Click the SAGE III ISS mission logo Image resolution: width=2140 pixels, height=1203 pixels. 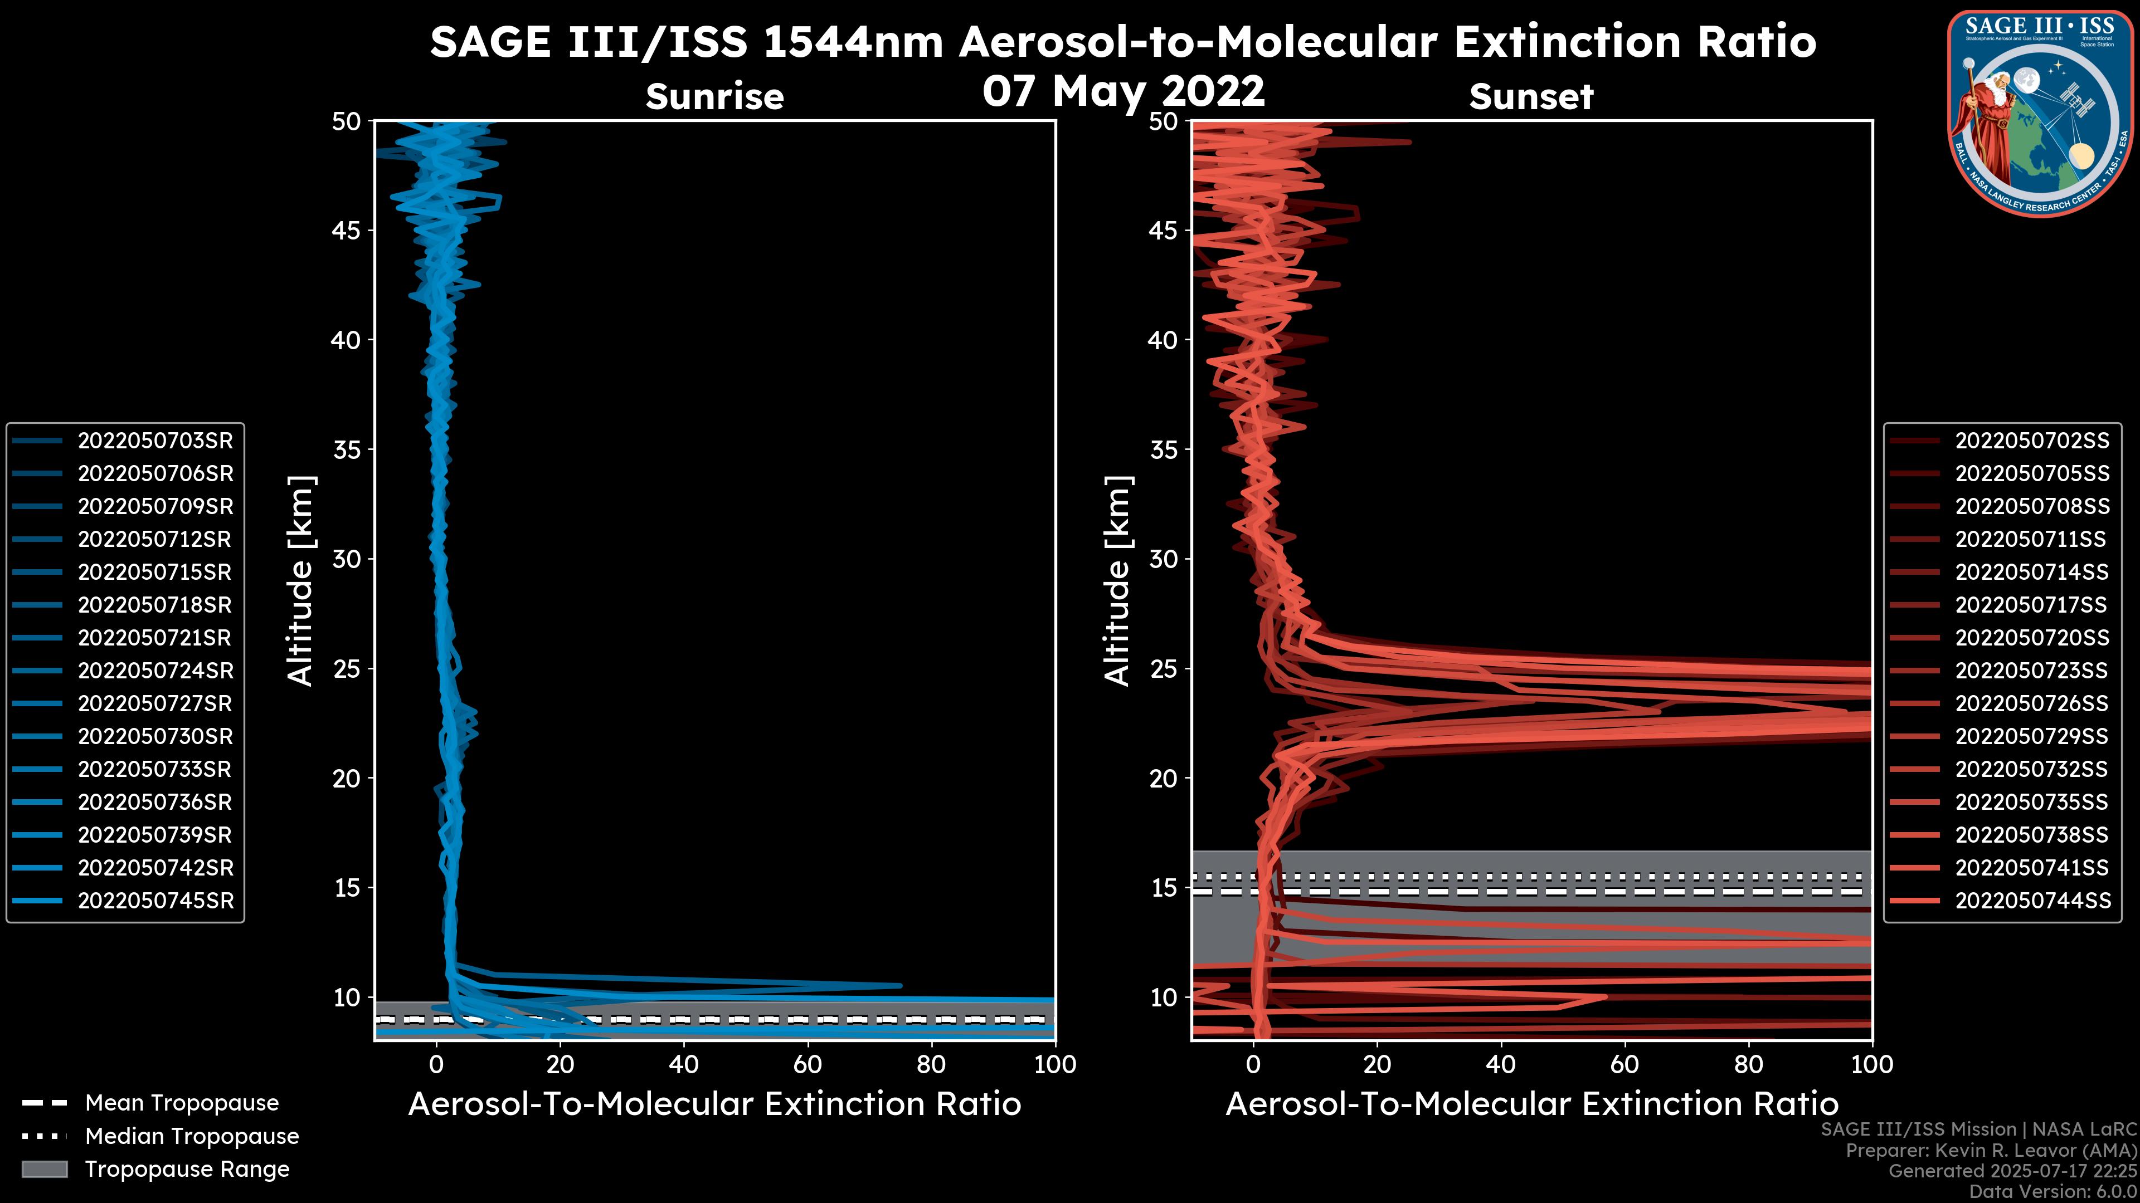(x=2040, y=114)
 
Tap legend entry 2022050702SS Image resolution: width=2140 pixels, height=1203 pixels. (x=2031, y=441)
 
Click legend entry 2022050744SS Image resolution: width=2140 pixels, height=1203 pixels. (x=2031, y=901)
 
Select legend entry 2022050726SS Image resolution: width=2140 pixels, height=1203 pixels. (x=2031, y=704)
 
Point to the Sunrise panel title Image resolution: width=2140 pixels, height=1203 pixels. (x=714, y=96)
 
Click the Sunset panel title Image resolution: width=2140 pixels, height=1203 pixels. (x=1531, y=96)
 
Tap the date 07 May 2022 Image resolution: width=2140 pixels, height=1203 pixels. (x=1123, y=90)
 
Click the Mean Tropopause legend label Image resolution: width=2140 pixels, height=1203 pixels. (x=182, y=1103)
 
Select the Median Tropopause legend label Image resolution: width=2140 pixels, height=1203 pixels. (x=192, y=1137)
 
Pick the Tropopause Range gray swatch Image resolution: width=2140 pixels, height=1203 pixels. (x=44, y=1170)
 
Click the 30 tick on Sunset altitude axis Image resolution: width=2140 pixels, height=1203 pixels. (x=1164, y=559)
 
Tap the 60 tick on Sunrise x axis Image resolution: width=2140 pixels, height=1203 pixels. (x=808, y=1064)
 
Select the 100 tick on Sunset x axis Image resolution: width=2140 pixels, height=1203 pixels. (x=1872, y=1064)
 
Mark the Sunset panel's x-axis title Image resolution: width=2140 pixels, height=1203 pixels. (x=1531, y=1104)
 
